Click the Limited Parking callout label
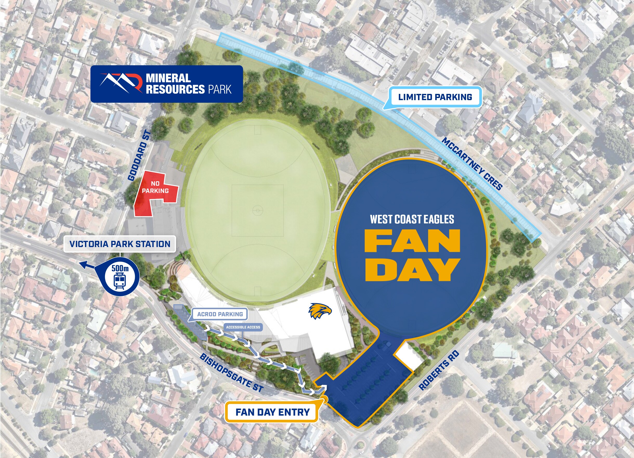[435, 97]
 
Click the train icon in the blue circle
[120, 281]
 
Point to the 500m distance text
[120, 268]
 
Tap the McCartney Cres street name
[472, 164]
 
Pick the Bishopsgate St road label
[231, 372]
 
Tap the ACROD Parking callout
[220, 314]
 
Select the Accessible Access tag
[243, 327]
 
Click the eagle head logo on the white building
[319, 311]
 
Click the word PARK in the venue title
[220, 89]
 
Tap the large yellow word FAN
[412, 241]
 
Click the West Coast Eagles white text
[412, 219]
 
